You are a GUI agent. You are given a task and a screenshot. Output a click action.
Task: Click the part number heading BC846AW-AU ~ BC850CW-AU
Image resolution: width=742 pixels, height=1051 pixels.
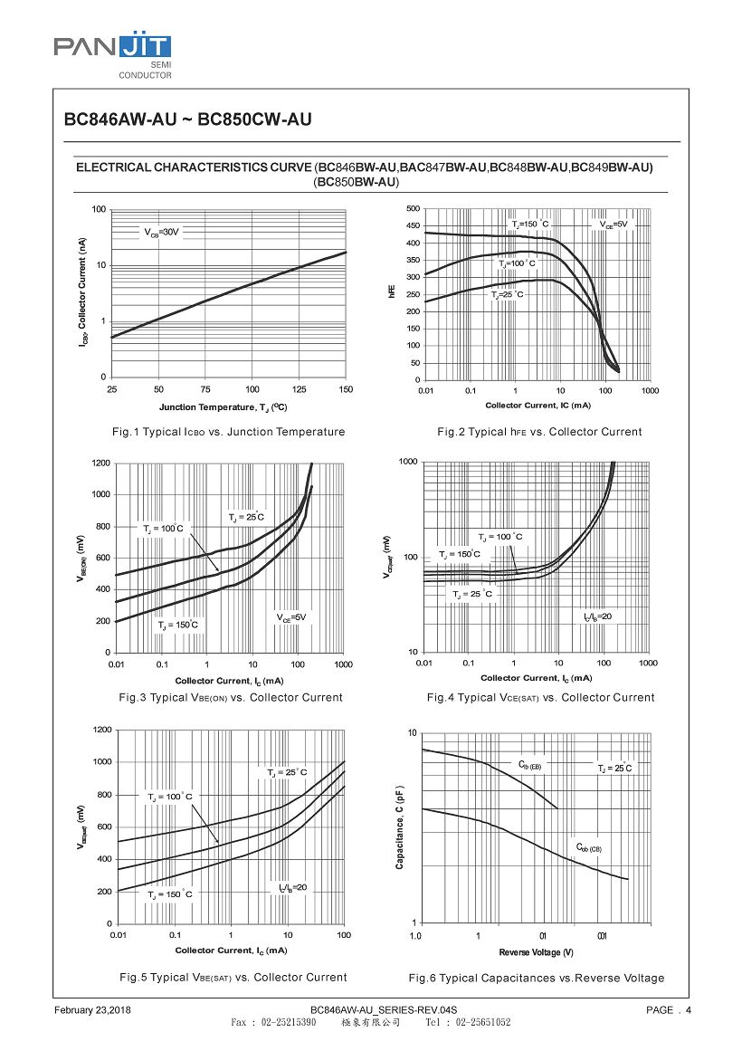click(187, 119)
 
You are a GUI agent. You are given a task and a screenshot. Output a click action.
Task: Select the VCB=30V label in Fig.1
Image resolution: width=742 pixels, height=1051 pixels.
click(162, 233)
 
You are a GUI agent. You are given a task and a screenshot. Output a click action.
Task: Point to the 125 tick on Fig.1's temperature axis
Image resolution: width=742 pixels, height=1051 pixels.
click(299, 389)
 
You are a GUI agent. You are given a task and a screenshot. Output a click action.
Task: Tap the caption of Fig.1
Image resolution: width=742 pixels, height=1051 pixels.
click(228, 432)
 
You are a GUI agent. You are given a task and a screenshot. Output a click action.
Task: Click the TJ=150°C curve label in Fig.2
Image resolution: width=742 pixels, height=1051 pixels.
click(530, 224)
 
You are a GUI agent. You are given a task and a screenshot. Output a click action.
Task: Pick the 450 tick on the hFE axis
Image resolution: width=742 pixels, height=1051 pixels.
click(412, 226)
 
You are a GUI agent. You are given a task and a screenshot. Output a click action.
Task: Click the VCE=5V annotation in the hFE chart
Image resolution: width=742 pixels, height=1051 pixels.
click(613, 224)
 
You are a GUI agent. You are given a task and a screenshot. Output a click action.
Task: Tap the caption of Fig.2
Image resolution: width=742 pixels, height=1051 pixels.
click(539, 432)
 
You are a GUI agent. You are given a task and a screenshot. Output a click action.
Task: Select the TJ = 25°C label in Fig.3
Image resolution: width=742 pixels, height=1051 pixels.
click(245, 518)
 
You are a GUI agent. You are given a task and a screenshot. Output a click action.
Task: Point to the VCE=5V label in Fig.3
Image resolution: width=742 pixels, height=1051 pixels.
click(291, 617)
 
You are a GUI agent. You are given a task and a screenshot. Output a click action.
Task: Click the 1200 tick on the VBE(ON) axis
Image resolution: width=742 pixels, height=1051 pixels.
click(100, 463)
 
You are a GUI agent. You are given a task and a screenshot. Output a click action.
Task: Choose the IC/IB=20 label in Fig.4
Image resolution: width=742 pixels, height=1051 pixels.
click(597, 616)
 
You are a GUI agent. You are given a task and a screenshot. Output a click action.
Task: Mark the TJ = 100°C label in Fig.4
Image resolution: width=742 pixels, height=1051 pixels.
click(500, 538)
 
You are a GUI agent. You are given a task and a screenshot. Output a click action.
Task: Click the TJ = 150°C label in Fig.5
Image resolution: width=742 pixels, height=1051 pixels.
click(170, 893)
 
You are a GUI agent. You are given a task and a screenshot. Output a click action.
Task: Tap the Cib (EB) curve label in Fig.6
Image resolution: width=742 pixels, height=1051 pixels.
click(529, 766)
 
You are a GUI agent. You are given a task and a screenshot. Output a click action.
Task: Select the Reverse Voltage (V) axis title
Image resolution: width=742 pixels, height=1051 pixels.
click(536, 952)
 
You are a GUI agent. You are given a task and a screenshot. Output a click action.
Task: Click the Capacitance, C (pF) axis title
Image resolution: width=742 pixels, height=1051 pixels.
click(399, 827)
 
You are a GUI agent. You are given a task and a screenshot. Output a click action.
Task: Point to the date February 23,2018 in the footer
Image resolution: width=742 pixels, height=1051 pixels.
click(93, 1009)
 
